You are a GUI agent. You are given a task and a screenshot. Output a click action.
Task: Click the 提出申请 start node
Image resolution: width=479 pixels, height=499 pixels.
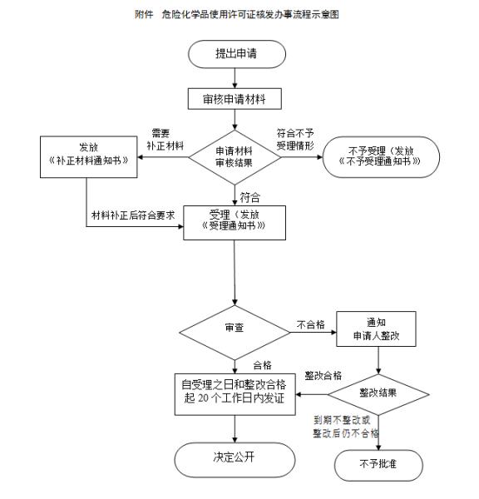click(237, 54)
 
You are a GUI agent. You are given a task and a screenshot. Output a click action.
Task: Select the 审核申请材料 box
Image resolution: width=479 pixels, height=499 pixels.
click(236, 99)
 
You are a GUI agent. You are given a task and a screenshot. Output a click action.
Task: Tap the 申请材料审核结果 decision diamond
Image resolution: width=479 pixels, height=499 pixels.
click(236, 157)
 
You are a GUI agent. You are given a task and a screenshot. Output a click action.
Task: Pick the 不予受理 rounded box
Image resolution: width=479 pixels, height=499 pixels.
click(380, 157)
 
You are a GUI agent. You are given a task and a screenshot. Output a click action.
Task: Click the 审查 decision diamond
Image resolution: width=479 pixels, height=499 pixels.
click(235, 328)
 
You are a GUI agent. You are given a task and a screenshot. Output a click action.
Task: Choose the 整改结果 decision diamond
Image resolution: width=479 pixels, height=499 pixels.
click(378, 391)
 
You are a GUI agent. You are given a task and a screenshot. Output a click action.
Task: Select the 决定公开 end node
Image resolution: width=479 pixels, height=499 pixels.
click(236, 458)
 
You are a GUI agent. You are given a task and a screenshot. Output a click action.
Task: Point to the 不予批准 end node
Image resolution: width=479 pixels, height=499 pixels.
click(378, 463)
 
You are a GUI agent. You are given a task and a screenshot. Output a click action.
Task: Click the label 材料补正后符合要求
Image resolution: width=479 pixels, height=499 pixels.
click(132, 215)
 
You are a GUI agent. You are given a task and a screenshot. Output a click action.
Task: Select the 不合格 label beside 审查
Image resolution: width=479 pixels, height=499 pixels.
click(309, 324)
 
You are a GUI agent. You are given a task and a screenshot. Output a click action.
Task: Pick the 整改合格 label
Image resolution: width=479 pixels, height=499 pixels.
click(323, 375)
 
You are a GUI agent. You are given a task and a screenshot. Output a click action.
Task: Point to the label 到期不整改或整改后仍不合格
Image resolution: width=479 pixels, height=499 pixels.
click(345, 427)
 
